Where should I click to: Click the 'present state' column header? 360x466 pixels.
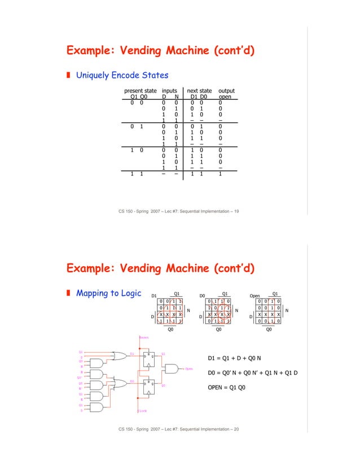click(140, 90)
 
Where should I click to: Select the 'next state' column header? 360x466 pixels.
click(199, 90)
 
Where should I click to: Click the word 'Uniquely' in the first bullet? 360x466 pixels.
click(93, 74)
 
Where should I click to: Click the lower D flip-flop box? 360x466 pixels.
click(149, 386)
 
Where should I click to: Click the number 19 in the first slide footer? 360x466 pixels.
click(235, 211)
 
